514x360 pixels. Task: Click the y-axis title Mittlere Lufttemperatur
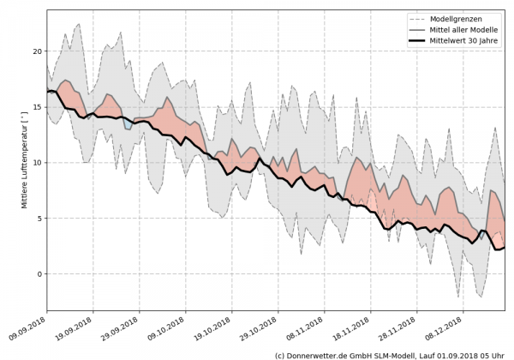pyautogui.click(x=11, y=159)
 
